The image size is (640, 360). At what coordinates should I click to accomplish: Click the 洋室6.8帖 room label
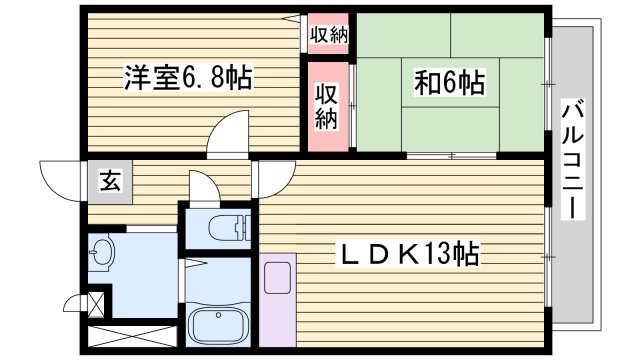click(x=187, y=76)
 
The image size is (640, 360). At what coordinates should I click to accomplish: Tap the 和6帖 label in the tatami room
click(x=449, y=84)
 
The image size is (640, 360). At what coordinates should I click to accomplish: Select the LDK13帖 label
click(x=409, y=255)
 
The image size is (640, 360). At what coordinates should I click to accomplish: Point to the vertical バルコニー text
click(x=573, y=163)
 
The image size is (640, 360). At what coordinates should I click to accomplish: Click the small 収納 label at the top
click(x=327, y=35)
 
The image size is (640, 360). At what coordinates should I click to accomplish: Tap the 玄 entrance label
click(x=108, y=181)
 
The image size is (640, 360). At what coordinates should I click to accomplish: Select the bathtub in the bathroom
click(x=219, y=328)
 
